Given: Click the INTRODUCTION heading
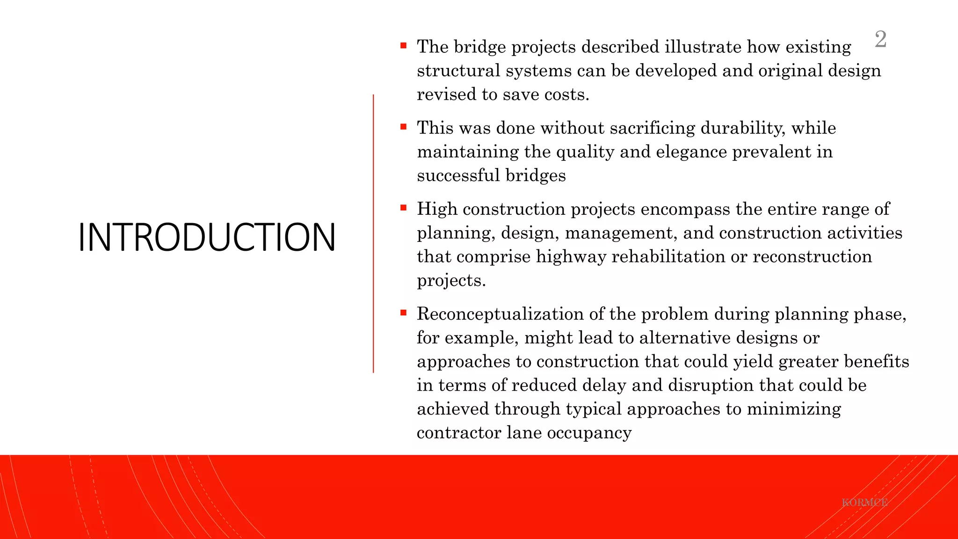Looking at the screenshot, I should coord(207,237).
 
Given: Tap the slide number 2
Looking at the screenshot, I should coord(880,39).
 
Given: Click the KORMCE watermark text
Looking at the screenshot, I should coord(864,503).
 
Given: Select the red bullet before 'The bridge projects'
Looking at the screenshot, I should coord(404,46).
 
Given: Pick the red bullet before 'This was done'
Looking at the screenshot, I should coord(404,127).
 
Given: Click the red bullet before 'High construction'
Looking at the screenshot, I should coord(404,208).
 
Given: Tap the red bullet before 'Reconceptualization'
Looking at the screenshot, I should coord(404,313).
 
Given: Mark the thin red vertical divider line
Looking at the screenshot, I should coord(373,234).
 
